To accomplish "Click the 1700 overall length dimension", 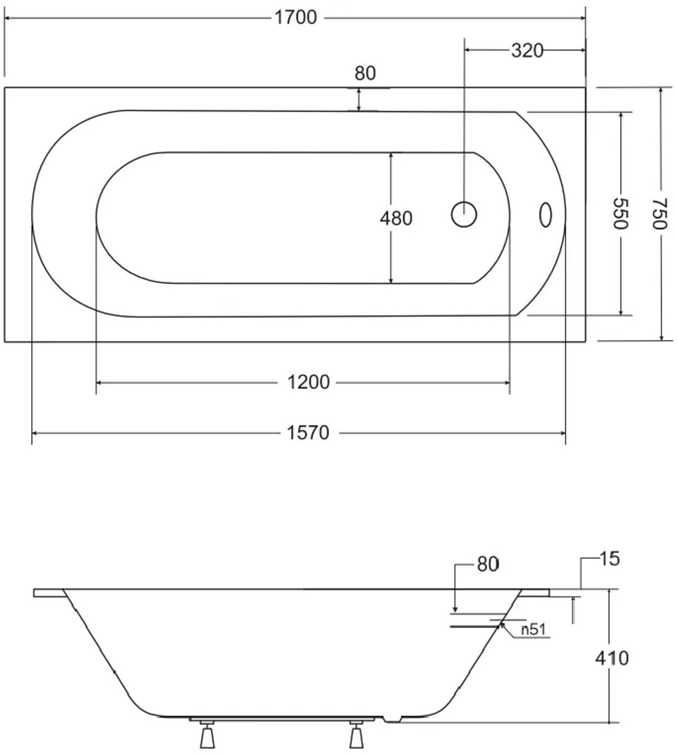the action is (x=296, y=17).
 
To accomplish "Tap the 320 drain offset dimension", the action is (x=527, y=51).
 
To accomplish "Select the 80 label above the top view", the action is (x=365, y=73).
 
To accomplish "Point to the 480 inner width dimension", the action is (x=396, y=218).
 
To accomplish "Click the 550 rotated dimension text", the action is (x=621, y=214).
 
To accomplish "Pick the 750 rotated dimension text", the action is (x=659, y=214).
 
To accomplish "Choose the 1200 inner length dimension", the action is (x=308, y=383).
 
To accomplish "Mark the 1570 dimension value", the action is (x=308, y=433).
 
